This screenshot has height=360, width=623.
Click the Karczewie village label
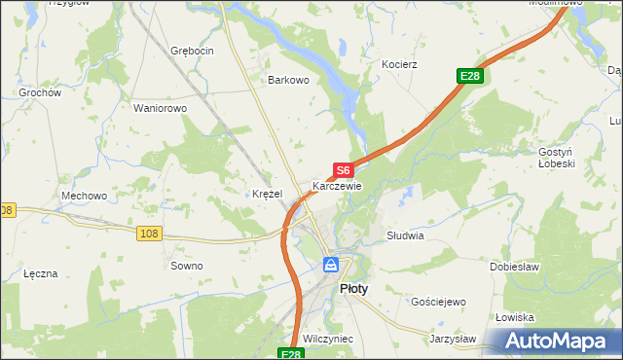tap(337, 186)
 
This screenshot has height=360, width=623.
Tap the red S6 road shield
tap(343, 170)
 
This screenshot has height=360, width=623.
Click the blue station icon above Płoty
tap(331, 264)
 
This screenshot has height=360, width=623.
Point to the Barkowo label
tap(288, 81)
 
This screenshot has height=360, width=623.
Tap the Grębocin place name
tap(191, 50)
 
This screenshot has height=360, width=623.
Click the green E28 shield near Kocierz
tap(470, 76)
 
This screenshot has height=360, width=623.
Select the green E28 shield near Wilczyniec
tap(289, 355)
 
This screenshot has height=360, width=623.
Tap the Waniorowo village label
tap(160, 108)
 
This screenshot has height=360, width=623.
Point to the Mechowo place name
tap(84, 196)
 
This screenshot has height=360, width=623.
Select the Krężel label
tap(267, 194)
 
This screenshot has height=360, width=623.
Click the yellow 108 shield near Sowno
tap(149, 234)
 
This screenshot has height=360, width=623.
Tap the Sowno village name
tap(186, 266)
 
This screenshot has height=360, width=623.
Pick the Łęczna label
tap(41, 273)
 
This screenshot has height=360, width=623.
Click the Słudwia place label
tap(405, 235)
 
